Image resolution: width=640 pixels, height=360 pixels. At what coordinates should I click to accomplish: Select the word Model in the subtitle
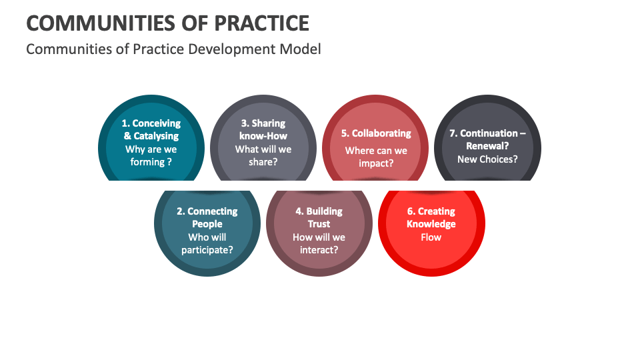pos(300,49)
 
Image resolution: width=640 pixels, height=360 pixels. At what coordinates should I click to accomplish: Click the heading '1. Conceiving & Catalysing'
pos(151,129)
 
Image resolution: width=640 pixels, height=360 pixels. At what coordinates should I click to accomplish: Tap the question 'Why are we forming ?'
pos(151,155)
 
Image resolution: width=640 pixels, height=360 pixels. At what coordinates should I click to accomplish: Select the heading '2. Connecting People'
pos(207,217)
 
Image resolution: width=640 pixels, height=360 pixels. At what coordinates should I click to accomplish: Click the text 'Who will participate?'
pos(207,243)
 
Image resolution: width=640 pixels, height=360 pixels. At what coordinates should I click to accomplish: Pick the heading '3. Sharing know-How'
pos(263,129)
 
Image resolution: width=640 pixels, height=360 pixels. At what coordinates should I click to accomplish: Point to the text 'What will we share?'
pos(263,155)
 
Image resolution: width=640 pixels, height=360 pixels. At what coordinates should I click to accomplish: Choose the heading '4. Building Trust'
pos(319,217)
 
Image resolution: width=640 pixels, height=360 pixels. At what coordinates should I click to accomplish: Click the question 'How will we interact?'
pos(319,243)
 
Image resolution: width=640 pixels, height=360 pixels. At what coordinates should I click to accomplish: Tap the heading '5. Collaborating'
pos(376,133)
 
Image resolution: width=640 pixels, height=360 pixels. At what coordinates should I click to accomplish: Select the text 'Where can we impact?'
pos(376,157)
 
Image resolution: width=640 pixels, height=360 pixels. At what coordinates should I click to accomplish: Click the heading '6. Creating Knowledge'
pos(431,217)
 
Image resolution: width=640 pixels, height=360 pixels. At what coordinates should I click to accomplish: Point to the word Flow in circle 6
pos(431,237)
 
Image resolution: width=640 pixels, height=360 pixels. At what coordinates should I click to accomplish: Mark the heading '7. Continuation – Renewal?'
pos(487,139)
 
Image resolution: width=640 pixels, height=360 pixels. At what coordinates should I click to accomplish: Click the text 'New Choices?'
pos(487,159)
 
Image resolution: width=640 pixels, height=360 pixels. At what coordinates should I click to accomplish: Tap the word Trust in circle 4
pos(319,224)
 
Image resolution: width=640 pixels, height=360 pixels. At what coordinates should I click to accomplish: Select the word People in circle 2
pos(207,224)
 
